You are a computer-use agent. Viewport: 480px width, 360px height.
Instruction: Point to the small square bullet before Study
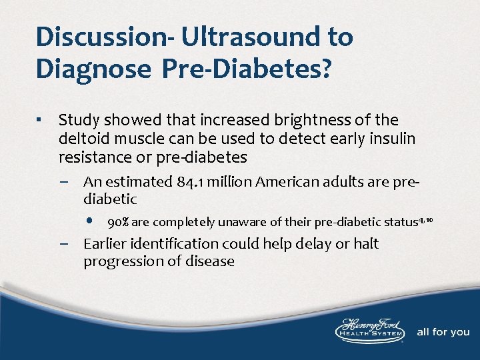point(40,121)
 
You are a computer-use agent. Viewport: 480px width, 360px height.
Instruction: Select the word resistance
point(94,157)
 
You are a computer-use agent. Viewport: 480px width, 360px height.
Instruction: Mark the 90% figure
point(119,222)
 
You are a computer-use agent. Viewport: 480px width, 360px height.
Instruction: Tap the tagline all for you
point(443,332)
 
